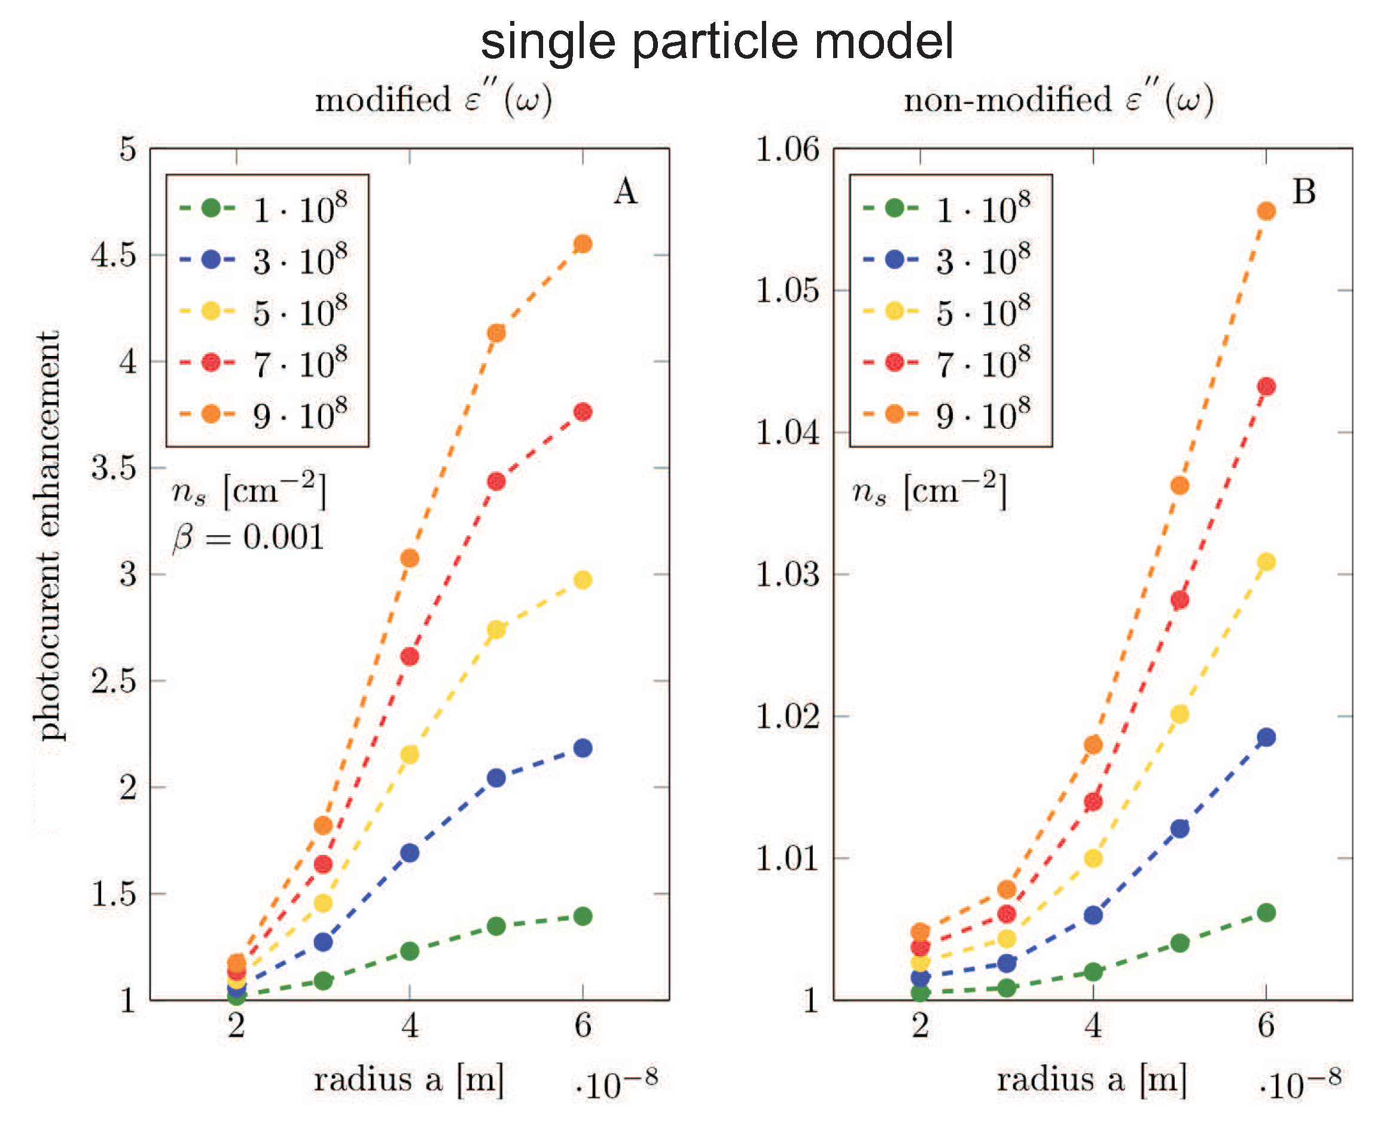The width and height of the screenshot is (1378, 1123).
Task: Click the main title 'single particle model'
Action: coord(717,41)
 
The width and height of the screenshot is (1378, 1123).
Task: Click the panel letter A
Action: coord(626,192)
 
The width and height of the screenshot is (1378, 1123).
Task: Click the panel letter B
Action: coord(1304,192)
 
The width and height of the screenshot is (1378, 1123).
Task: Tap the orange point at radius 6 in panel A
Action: coord(583,244)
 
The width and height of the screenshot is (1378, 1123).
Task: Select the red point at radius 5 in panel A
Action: coord(496,481)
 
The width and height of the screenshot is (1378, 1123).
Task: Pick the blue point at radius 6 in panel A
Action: coord(583,748)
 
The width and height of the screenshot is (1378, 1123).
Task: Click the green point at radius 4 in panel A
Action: coord(409,951)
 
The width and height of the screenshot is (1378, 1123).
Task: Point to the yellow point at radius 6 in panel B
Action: coord(1266,561)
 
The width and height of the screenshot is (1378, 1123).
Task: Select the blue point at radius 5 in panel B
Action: coord(1179,828)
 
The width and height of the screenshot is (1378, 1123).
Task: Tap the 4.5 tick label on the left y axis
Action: coord(114,255)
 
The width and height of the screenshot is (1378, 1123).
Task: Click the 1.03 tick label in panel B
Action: coord(787,574)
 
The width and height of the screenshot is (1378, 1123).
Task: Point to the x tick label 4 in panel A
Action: coord(409,1026)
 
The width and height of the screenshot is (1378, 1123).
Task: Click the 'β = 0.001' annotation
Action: coord(248,537)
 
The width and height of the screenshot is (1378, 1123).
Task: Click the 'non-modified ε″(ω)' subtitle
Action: coord(1058,101)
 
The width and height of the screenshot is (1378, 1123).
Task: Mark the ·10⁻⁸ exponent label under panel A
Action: coord(615,1084)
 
